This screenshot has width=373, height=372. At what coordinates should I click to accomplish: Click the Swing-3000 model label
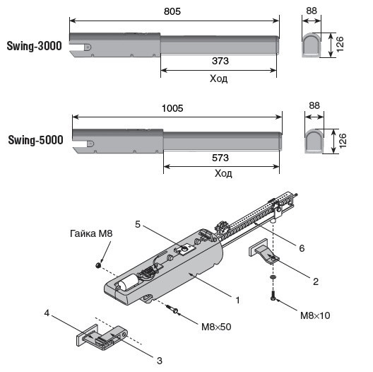click(x=34, y=46)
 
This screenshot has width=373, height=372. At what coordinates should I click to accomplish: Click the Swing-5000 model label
click(x=36, y=140)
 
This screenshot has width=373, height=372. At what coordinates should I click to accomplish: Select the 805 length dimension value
click(x=172, y=11)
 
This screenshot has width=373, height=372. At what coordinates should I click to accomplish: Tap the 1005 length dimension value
click(x=172, y=108)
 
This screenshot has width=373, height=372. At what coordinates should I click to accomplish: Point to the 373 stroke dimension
click(x=220, y=61)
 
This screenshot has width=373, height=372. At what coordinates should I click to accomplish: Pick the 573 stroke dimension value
click(x=220, y=158)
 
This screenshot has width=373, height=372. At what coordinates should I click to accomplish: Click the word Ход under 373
click(x=218, y=79)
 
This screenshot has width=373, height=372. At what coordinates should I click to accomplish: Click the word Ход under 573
click(x=223, y=173)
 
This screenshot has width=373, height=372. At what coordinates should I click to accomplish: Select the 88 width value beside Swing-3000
click(x=312, y=11)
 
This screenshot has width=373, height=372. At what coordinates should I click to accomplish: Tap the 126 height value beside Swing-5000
click(x=343, y=141)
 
